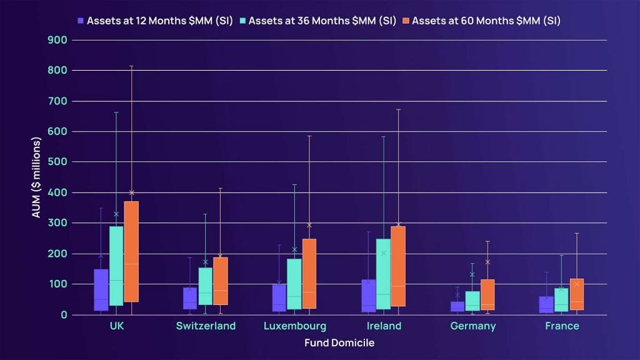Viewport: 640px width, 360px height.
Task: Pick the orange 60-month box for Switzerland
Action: click(x=221, y=281)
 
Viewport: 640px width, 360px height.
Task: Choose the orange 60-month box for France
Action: click(x=577, y=294)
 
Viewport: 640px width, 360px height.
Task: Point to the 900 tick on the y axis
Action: click(x=61, y=40)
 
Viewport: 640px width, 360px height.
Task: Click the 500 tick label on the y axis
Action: click(x=61, y=162)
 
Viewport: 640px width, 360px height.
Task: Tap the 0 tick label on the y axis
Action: click(x=64, y=315)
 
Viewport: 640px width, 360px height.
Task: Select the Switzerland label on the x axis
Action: click(x=206, y=326)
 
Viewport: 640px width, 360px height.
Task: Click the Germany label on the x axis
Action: click(x=473, y=326)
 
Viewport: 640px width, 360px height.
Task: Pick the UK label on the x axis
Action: click(x=116, y=326)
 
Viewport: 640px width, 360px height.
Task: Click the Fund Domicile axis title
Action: click(x=339, y=342)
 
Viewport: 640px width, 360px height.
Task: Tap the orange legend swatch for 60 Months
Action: click(x=406, y=20)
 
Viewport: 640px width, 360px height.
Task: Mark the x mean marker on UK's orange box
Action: click(x=131, y=192)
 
